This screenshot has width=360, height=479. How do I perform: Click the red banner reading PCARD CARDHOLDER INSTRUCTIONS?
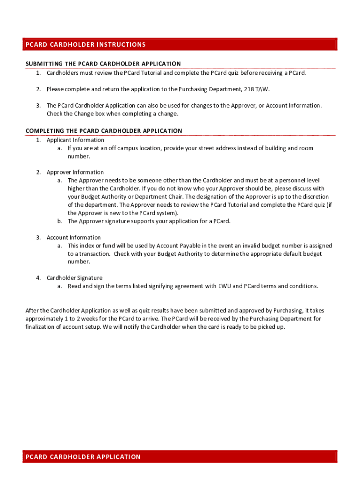pos(180,44)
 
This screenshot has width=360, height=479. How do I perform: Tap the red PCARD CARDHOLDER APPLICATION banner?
pos(180,457)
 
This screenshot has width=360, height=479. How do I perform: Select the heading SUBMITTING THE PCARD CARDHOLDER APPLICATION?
pos(103,64)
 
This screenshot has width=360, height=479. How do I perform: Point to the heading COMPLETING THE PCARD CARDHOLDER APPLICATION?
pos(104,131)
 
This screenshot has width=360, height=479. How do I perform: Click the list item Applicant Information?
pos(75,140)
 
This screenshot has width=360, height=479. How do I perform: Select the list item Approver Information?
pos(75,172)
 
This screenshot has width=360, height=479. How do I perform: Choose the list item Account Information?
pos(73,238)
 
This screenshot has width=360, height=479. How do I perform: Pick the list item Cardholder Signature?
pos(74,278)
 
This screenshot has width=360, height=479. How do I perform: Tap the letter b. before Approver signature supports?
pos(60,221)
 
